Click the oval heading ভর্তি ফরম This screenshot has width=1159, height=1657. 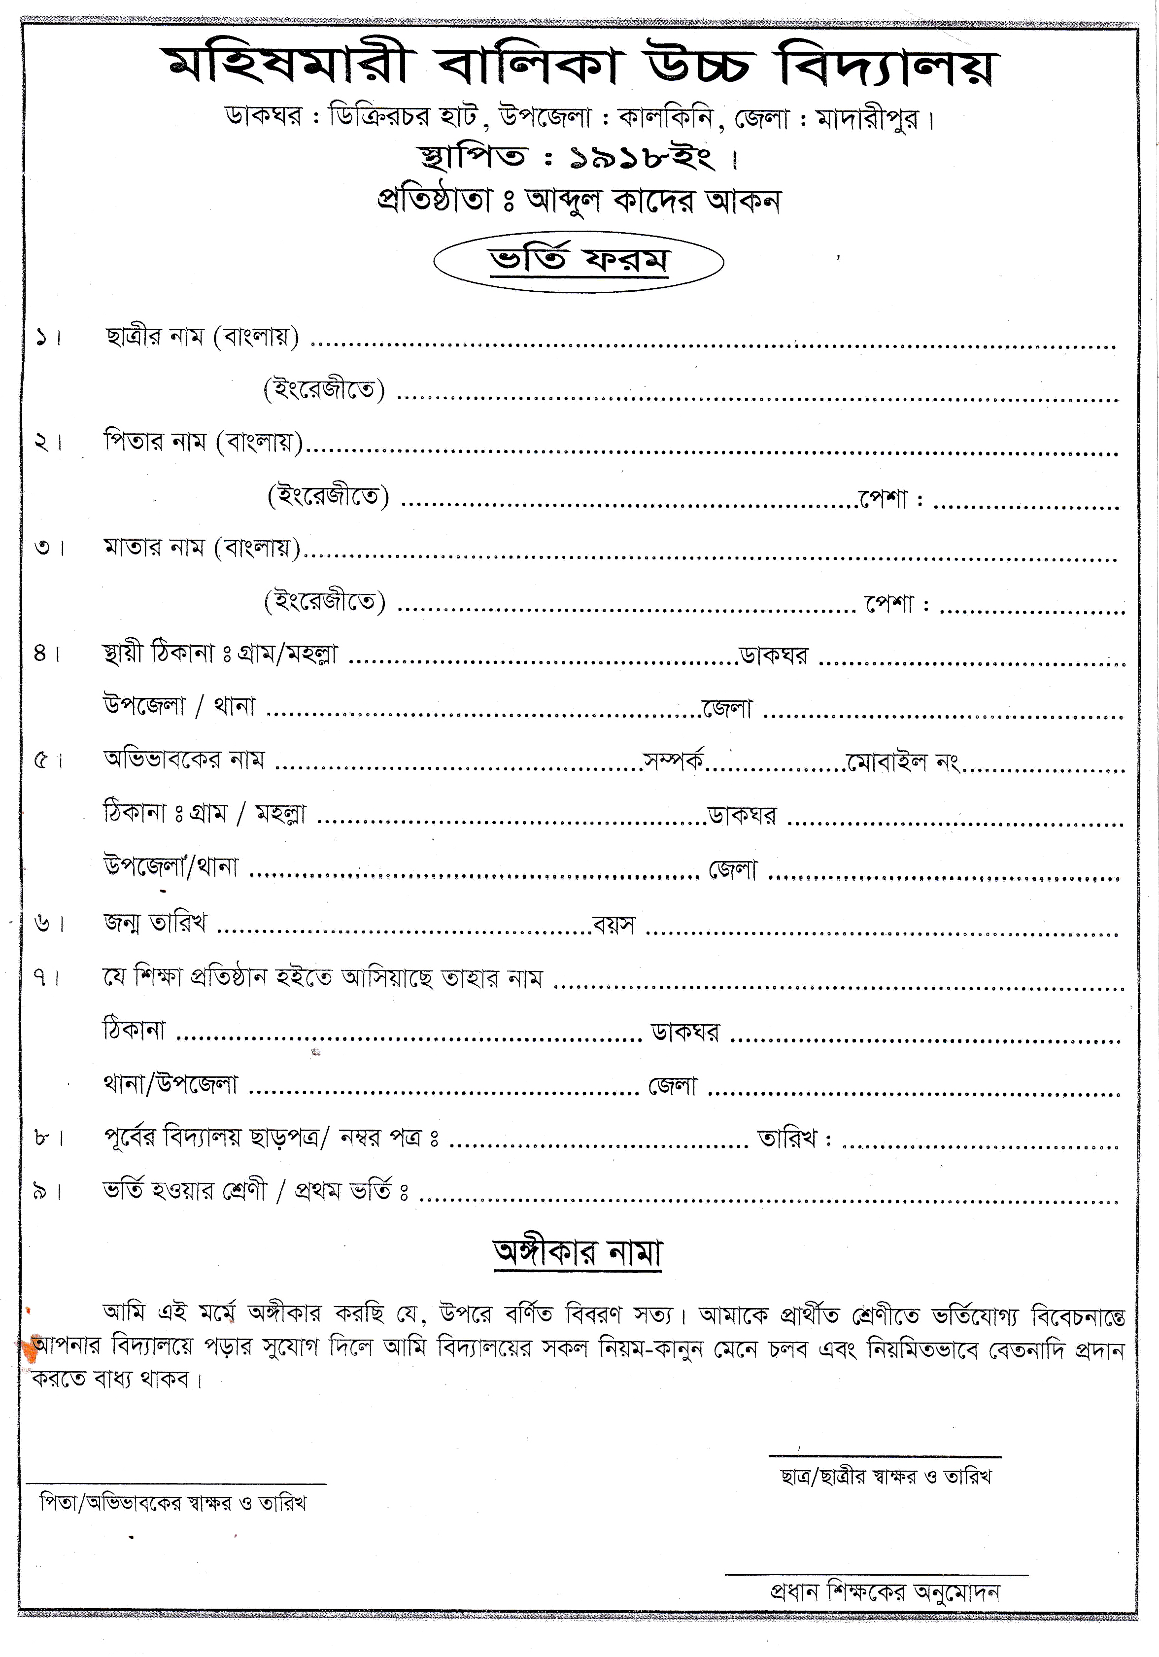pyautogui.click(x=578, y=261)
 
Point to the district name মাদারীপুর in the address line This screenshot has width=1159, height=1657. pyautogui.click(x=868, y=118)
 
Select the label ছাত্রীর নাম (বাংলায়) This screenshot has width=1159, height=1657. pyautogui.click(x=202, y=337)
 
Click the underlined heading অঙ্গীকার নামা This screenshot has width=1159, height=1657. pyautogui.click(x=578, y=1253)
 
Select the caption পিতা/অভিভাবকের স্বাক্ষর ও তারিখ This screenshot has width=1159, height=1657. pyautogui.click(x=173, y=1503)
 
